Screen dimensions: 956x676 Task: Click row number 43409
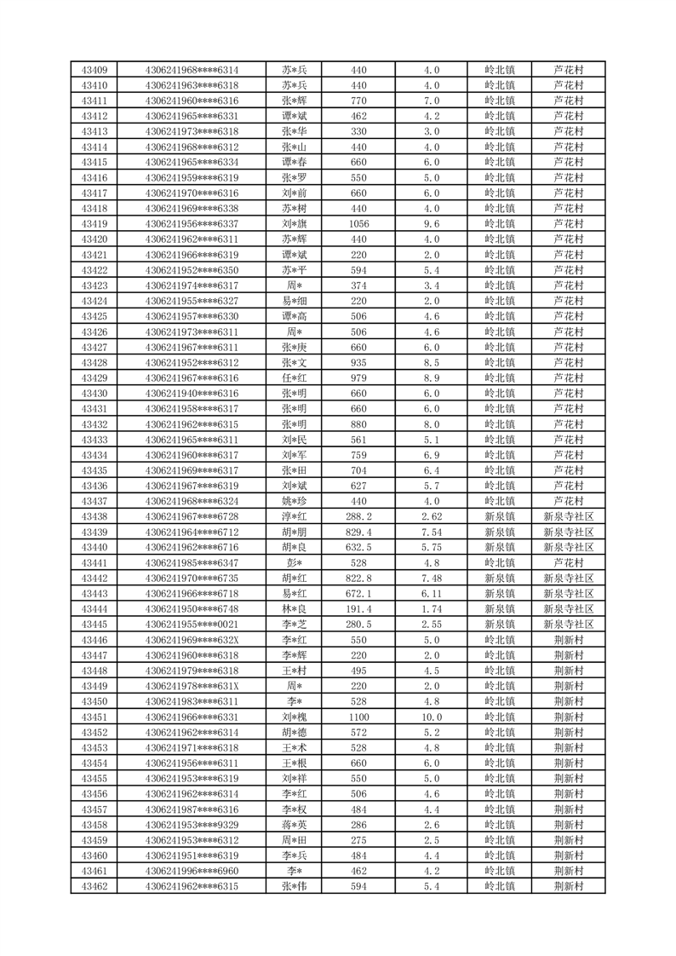pyautogui.click(x=94, y=70)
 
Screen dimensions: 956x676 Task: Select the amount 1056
pyautogui.click(x=358, y=224)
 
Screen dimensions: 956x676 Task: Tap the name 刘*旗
pyautogui.click(x=295, y=224)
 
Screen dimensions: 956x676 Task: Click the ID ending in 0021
pyautogui.click(x=192, y=624)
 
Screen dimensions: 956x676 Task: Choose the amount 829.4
pyautogui.click(x=358, y=532)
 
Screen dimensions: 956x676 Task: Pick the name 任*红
pyautogui.click(x=295, y=377)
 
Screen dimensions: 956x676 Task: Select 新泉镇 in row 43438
pyautogui.click(x=499, y=516)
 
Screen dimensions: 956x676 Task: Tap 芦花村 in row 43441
pyautogui.click(x=568, y=562)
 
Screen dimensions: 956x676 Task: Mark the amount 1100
pyautogui.click(x=358, y=717)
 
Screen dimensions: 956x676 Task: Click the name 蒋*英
pyautogui.click(x=295, y=825)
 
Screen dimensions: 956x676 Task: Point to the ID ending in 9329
pyautogui.click(x=192, y=825)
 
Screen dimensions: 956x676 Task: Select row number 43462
pyautogui.click(x=94, y=886)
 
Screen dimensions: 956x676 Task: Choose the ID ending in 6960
pyautogui.click(x=192, y=871)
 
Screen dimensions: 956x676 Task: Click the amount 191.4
pyautogui.click(x=358, y=608)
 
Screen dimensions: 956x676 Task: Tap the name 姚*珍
pyautogui.click(x=295, y=501)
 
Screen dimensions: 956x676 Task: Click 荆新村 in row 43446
pyautogui.click(x=568, y=639)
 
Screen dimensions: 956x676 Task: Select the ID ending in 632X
pyautogui.click(x=192, y=639)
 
